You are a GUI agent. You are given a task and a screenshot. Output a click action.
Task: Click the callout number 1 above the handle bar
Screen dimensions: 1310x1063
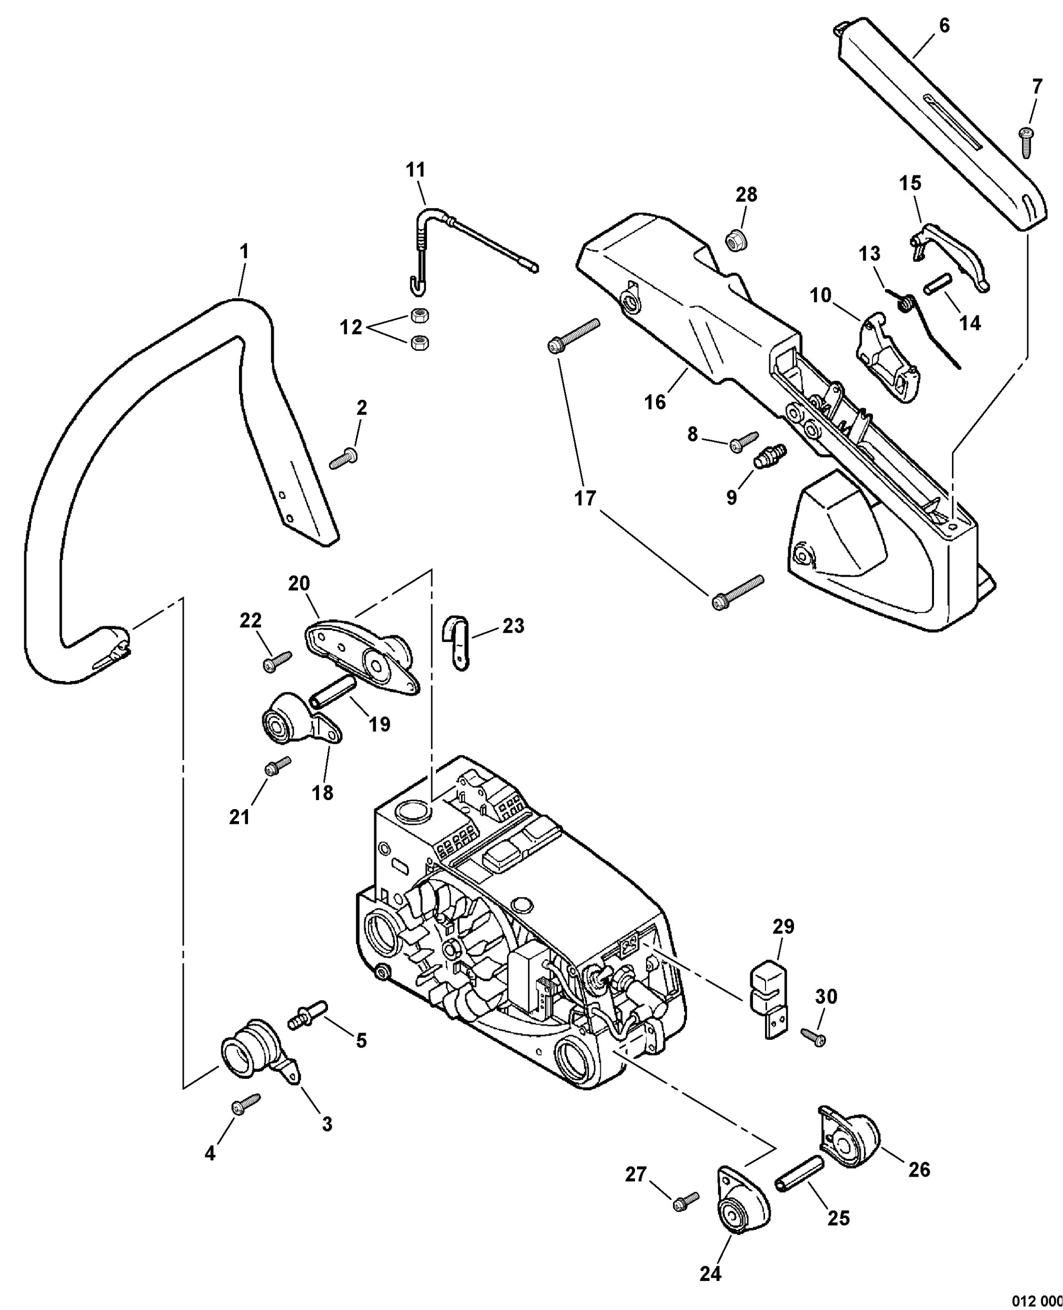(x=244, y=251)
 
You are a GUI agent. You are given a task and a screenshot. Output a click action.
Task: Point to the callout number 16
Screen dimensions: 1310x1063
(x=654, y=402)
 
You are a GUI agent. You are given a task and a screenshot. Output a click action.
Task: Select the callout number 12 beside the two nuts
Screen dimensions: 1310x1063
(x=351, y=328)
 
